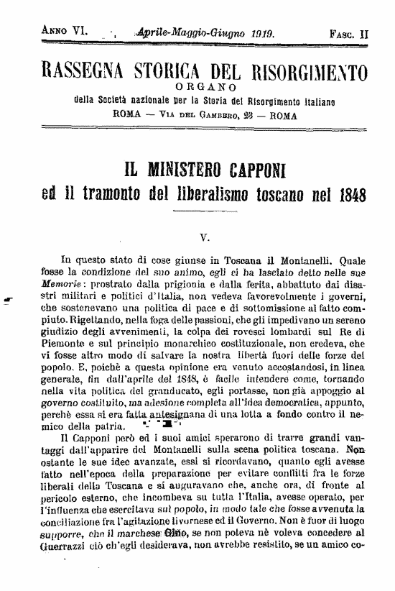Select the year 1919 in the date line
click(264, 32)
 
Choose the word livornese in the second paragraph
click(218, 518)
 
